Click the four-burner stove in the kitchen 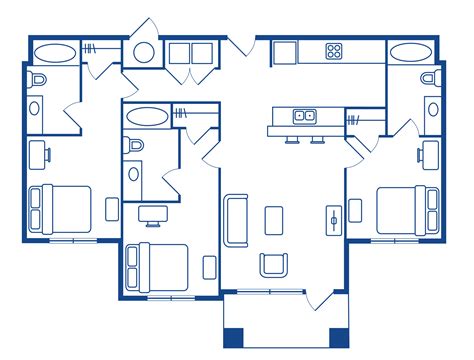[x=334, y=50]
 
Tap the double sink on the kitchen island [x=304, y=116]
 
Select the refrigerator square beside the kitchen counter [x=283, y=50]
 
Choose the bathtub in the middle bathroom [x=147, y=115]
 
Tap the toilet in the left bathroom [x=37, y=79]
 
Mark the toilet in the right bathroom [x=429, y=78]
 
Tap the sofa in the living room [x=238, y=220]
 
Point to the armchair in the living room [x=274, y=264]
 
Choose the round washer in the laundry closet [x=144, y=53]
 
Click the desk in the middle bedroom [x=152, y=211]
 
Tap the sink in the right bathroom [x=431, y=108]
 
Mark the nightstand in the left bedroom [x=111, y=209]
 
